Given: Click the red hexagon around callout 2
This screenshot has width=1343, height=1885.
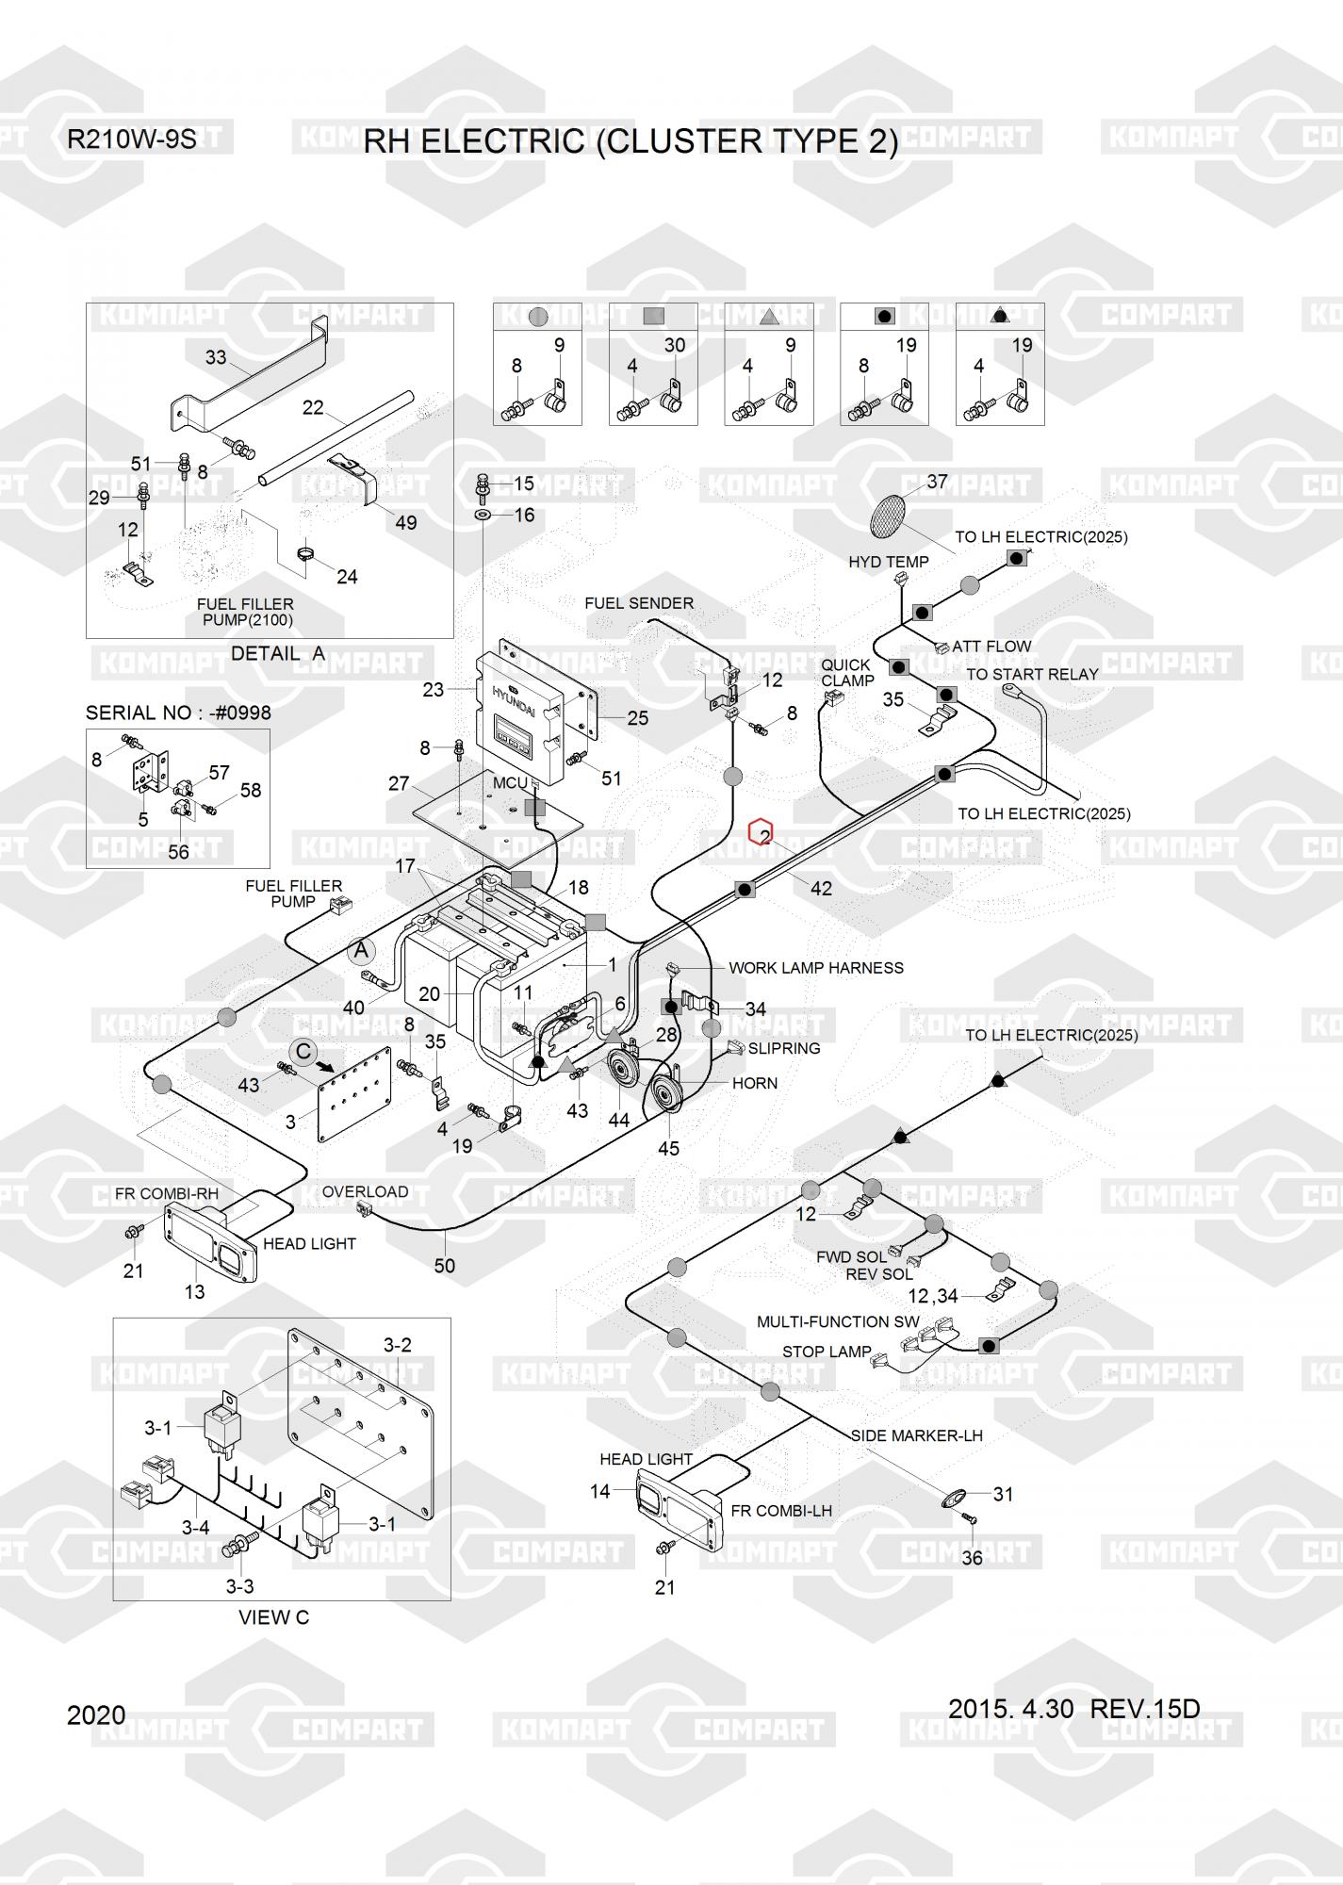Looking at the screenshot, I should (x=761, y=833).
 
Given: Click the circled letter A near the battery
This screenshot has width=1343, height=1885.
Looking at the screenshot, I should (x=361, y=951).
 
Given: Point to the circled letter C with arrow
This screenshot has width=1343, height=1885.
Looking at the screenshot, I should (x=303, y=1052).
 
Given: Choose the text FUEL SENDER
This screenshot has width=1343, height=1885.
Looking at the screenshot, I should (x=639, y=603).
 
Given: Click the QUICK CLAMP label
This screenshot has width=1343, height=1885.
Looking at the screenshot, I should (x=846, y=673).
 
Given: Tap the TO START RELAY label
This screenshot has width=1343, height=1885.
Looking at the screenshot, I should (x=1032, y=675).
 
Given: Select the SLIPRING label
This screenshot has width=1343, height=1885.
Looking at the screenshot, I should (x=783, y=1048).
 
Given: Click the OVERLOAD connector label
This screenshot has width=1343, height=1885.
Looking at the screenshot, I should (x=365, y=1192).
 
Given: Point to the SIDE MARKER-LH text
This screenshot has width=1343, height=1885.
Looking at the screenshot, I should (x=916, y=1435).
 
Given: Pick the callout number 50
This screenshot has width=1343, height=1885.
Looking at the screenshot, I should (x=444, y=1266).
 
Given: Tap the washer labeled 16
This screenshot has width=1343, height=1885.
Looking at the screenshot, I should (x=483, y=516).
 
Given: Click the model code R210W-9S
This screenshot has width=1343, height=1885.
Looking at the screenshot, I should (x=131, y=139).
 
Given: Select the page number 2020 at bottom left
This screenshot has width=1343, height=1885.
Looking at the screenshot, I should (x=96, y=1714).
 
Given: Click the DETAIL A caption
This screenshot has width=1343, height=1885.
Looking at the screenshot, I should (x=277, y=653).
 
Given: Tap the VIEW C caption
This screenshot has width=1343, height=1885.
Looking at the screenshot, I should (x=273, y=1617).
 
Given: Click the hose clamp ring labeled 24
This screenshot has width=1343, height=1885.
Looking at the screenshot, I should (x=306, y=554).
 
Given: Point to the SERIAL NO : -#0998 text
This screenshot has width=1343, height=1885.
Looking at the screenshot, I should (x=178, y=713).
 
